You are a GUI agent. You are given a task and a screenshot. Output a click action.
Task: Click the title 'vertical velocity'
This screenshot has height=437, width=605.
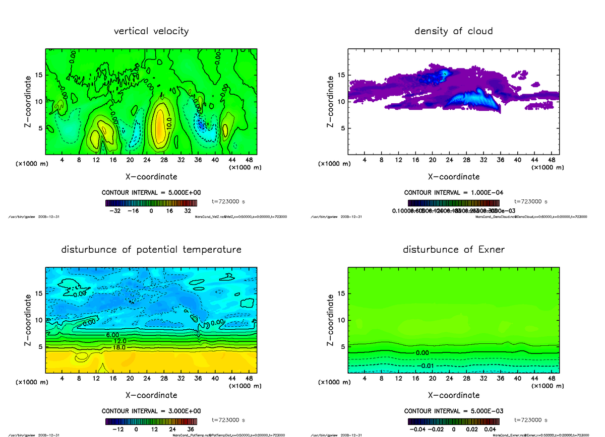tap(151, 31)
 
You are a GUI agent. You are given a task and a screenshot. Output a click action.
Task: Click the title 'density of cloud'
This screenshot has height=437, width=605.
tap(453, 31)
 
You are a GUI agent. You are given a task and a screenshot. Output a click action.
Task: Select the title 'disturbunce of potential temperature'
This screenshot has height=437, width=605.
tap(151, 250)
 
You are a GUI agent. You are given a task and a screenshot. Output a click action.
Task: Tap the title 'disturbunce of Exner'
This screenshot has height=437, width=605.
tap(453, 250)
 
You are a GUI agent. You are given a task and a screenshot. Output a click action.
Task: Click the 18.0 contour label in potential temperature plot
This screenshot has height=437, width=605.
tap(119, 347)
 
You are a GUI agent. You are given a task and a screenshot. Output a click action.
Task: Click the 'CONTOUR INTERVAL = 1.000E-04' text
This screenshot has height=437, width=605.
tap(453, 193)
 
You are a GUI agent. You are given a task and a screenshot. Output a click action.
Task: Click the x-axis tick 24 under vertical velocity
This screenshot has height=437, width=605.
tap(147, 160)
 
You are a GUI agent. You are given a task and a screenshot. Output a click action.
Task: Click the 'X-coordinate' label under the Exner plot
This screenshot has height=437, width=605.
tap(453, 395)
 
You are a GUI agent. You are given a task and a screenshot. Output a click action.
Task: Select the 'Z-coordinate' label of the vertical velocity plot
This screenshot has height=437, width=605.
tap(29, 101)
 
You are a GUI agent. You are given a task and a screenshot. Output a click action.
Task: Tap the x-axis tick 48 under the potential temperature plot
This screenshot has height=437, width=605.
tap(249, 378)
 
